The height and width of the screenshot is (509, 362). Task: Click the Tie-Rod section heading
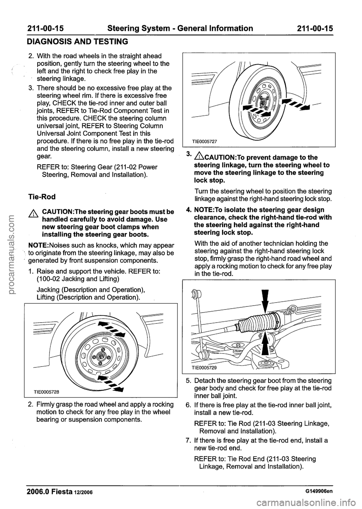41,197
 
